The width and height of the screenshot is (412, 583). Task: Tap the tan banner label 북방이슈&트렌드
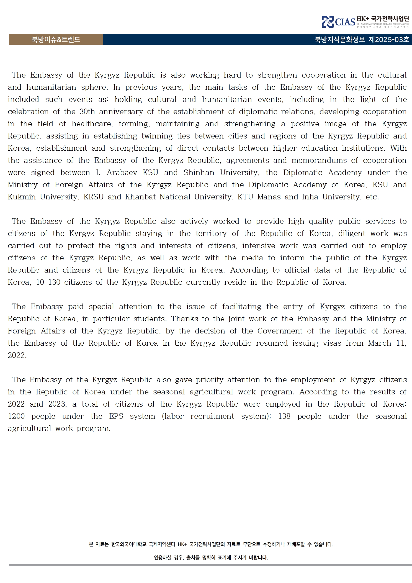coord(56,40)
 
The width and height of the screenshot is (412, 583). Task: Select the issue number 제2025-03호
coord(389,40)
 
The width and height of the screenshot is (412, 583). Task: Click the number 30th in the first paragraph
coord(87,112)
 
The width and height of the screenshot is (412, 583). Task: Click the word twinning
coord(157,136)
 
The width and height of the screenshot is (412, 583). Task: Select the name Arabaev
coord(122,173)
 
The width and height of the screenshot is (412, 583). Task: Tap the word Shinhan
coord(199,173)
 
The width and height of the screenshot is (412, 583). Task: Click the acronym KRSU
coord(94,197)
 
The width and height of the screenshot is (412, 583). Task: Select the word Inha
coord(310,197)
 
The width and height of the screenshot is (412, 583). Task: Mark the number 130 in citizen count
coord(54,282)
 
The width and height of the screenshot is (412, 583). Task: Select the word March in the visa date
coord(379,343)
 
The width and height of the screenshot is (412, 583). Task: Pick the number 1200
coord(16,416)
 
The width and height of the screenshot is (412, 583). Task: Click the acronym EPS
coord(116,416)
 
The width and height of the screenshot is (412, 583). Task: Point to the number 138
coord(284,416)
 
